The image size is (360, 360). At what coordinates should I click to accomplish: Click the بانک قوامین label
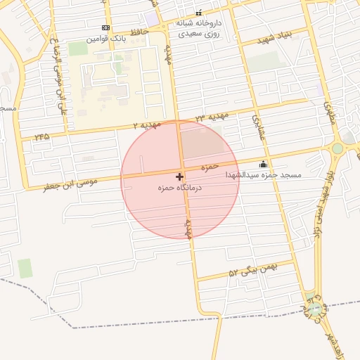coord(106,39)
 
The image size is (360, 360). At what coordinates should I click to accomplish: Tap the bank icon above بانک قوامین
coord(106,27)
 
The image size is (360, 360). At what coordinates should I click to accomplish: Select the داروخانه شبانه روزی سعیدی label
coord(198,27)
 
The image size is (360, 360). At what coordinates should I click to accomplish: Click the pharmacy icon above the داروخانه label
coord(198,12)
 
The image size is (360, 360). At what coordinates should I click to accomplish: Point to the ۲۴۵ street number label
coord(41,136)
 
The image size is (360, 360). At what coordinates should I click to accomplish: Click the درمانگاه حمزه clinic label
coord(180,188)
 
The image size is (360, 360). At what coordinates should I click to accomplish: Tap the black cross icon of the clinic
coord(180,176)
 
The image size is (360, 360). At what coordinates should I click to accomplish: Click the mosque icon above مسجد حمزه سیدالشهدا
coord(263,165)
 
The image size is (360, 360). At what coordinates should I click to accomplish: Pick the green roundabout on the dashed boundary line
coord(314,307)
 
